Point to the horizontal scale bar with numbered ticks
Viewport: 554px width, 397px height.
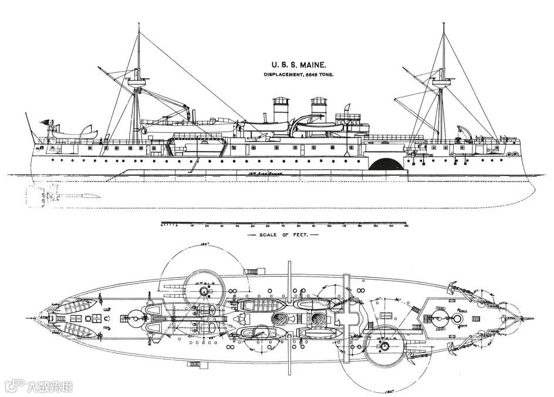[284, 223]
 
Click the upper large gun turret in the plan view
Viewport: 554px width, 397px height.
[197, 284]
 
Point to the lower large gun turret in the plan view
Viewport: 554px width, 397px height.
[384, 348]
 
